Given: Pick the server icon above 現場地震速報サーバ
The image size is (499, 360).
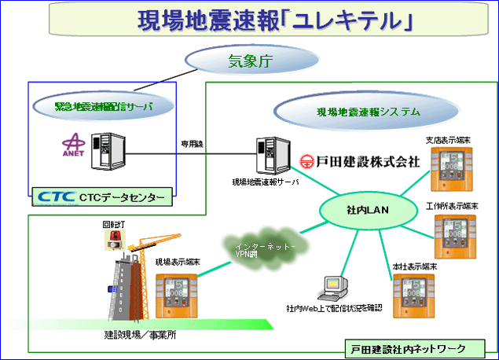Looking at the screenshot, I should click(x=269, y=156).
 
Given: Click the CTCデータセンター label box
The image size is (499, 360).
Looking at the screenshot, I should click(x=103, y=197).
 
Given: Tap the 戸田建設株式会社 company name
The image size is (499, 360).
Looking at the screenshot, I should click(x=362, y=162).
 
